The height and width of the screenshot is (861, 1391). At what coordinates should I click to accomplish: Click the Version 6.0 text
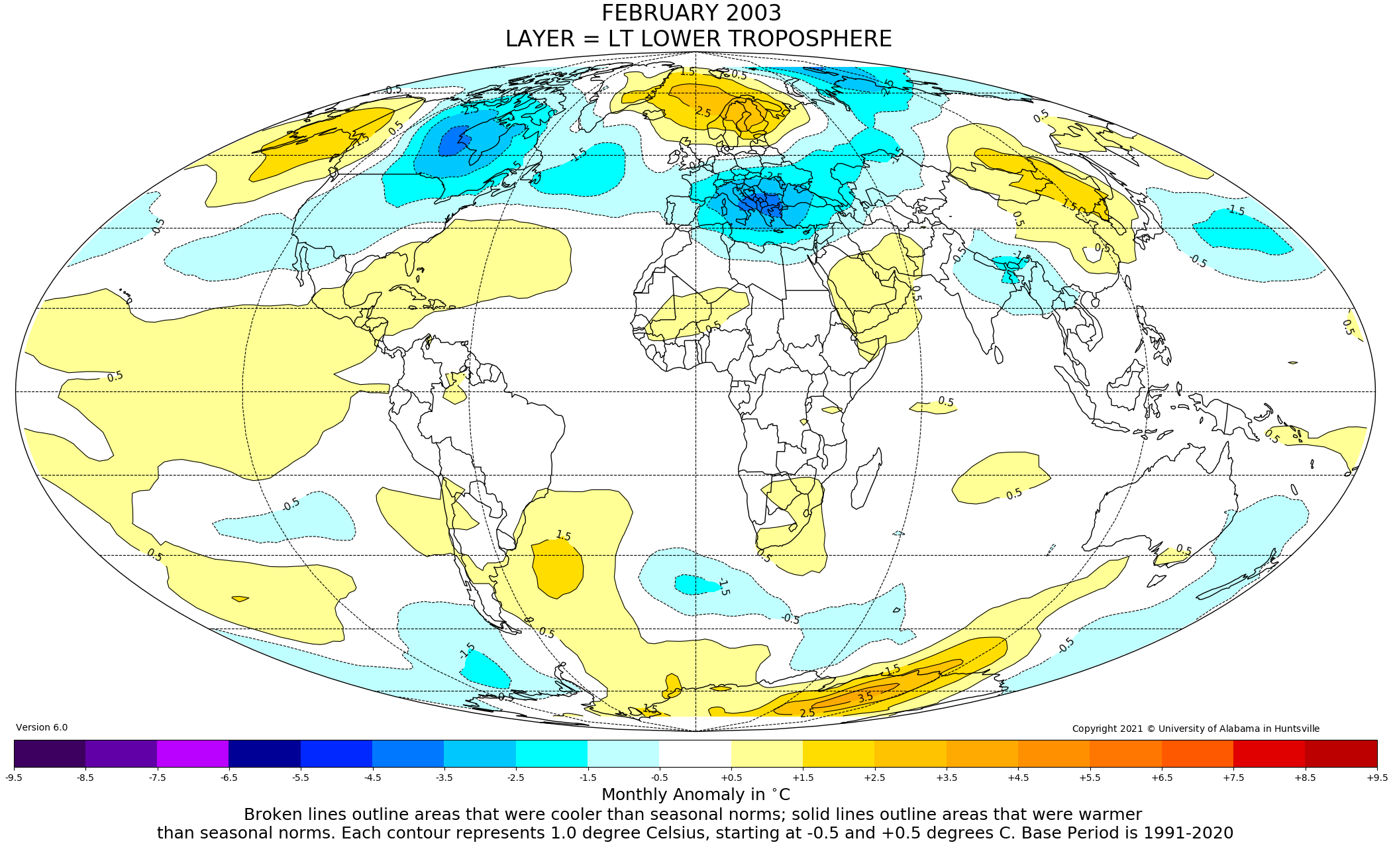(42, 727)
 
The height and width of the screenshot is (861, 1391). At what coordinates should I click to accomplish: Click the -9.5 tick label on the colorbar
(14, 778)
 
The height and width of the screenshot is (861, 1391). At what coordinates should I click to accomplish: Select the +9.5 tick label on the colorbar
(1376, 778)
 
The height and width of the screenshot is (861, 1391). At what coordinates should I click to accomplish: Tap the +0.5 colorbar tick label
(731, 778)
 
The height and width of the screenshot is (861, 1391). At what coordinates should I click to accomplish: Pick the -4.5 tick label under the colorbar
(372, 778)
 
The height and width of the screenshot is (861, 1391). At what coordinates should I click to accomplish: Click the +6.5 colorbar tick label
(1161, 778)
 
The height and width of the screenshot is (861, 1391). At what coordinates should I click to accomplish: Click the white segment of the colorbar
(695, 753)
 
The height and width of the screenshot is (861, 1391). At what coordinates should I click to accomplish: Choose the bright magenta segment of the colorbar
(193, 753)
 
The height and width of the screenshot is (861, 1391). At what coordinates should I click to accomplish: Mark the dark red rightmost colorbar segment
(1341, 753)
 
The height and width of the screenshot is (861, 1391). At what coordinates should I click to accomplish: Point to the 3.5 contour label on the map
(865, 697)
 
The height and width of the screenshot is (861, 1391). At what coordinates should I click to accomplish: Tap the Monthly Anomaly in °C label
(695, 794)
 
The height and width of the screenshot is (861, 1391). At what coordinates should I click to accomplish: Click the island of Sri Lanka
(998, 355)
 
